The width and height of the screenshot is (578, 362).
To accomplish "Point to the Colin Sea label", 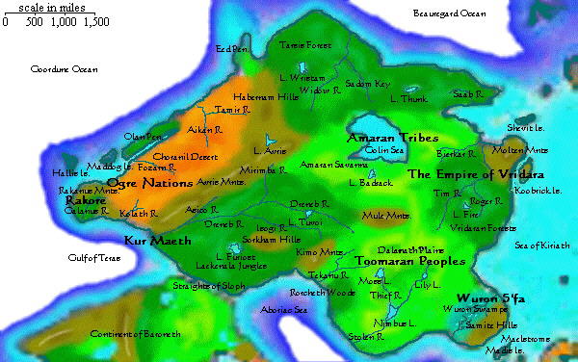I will click(x=384, y=150).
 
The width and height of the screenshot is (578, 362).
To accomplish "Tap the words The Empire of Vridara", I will click(x=476, y=174).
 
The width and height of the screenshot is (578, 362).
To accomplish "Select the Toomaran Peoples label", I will click(x=409, y=261).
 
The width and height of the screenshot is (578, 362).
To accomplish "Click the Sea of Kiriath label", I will click(x=542, y=246).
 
